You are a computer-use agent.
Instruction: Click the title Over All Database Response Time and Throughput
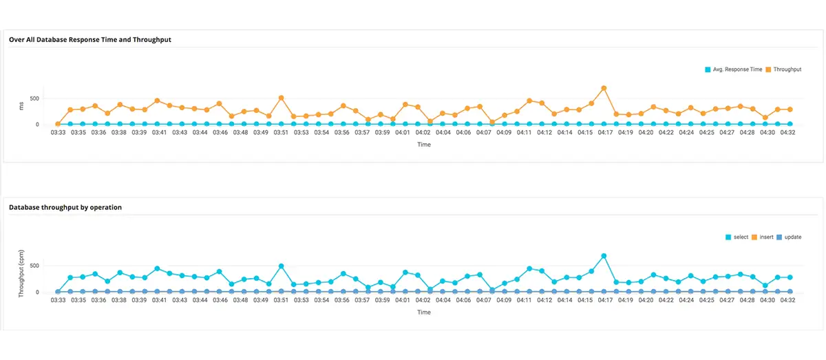(x=90, y=40)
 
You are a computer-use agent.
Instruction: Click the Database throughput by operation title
(x=65, y=207)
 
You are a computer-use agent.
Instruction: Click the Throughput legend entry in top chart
(x=787, y=70)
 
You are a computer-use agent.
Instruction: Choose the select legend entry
(x=741, y=237)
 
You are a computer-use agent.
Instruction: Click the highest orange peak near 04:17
(x=604, y=88)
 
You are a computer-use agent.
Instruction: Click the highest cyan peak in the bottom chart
(x=604, y=256)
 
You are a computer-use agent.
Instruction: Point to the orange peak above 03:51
(x=281, y=98)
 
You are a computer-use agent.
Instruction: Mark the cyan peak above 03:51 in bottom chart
(x=281, y=266)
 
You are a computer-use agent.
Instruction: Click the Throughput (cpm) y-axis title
(x=22, y=273)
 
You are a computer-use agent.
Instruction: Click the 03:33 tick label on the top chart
(x=58, y=132)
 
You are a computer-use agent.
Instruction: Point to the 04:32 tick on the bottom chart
(x=785, y=300)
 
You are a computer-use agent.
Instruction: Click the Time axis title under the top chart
(x=424, y=145)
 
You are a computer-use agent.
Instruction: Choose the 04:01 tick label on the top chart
(x=403, y=132)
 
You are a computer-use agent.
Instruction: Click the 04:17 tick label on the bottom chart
(x=605, y=300)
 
